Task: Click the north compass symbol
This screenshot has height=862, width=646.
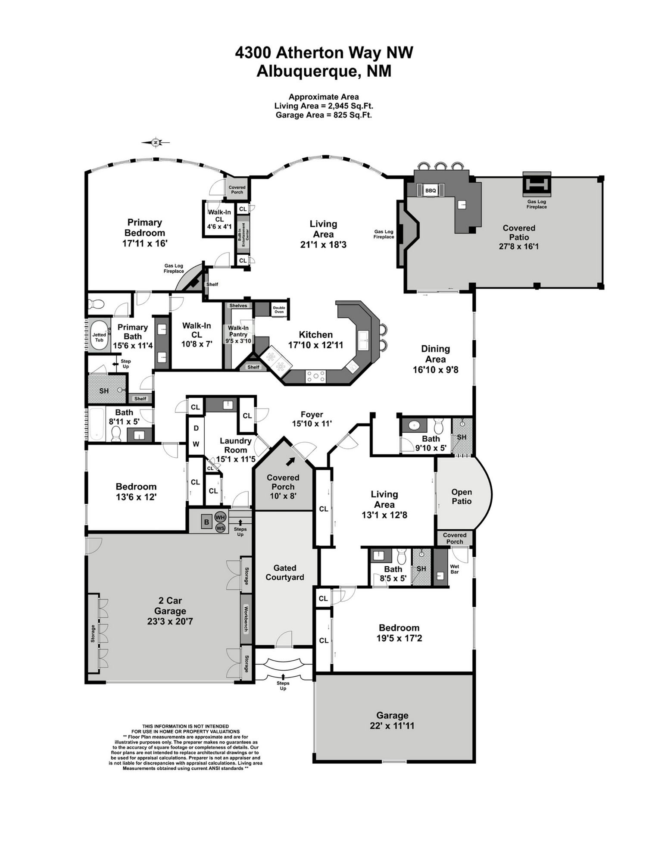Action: point(156,142)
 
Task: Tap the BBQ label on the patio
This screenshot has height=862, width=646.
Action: point(430,190)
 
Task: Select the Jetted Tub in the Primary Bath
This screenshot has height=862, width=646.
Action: point(99,337)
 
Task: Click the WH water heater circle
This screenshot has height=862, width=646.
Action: point(220,517)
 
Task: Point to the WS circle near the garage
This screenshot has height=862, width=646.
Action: point(220,528)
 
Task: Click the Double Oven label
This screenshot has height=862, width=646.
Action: point(279,309)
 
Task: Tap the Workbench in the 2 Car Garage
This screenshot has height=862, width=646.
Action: point(246,619)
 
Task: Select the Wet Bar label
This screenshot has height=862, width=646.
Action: point(454,569)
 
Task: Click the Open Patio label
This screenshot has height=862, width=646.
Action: point(461,497)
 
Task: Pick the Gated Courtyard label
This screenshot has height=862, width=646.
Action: point(284,572)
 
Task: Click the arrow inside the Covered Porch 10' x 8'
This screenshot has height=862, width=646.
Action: point(291,462)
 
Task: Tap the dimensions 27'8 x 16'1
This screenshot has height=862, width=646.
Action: point(519,247)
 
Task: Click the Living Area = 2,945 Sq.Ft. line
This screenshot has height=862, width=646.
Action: point(324,106)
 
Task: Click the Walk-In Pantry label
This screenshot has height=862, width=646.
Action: point(238,331)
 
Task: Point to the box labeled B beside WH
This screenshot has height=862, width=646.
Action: point(206,522)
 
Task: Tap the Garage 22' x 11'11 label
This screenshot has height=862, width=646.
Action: point(392,721)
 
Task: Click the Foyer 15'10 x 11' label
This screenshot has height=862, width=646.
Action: point(312,419)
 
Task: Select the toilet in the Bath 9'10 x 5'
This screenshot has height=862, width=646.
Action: point(438,426)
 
